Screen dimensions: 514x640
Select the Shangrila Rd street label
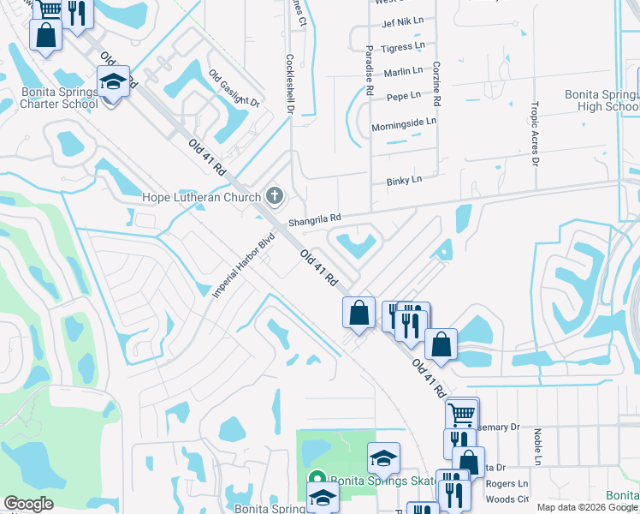[315, 219]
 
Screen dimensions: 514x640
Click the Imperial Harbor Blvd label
[243, 264]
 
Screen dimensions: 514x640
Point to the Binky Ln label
[405, 180]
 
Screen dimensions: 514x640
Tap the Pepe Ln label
[404, 95]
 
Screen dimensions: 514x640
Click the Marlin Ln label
[404, 70]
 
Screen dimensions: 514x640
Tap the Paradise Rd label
[370, 70]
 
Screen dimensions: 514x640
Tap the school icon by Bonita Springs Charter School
[112, 82]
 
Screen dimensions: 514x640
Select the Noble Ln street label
[538, 448]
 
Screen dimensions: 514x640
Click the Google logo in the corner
[28, 504]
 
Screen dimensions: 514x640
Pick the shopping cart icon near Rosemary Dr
[461, 415]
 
